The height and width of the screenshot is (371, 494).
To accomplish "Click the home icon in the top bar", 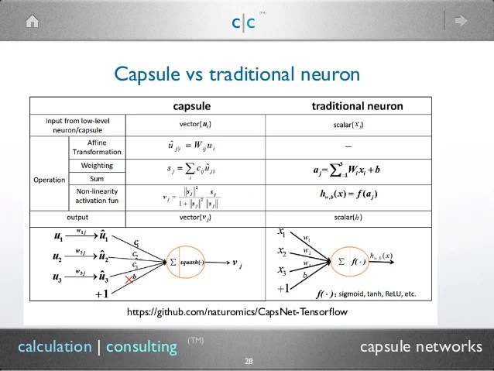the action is point(32,22).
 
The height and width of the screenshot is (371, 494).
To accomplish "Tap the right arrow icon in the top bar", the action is point(463,22).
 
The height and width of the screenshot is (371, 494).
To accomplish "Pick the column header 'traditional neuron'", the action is point(357,105).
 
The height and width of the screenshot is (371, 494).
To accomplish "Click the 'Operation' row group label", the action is point(50,180).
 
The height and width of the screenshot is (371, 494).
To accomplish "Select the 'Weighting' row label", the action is point(98,166).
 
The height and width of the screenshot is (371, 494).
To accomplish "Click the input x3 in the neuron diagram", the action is point(281,270).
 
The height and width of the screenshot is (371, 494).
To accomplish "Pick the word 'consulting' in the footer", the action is point(141,347).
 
